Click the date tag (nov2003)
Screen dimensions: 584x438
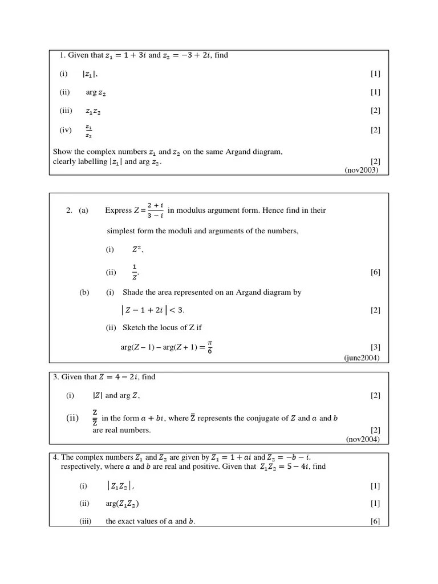361,170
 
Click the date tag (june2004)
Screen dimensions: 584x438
362,358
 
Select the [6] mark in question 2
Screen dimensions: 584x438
375,273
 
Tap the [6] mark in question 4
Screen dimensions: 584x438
375,521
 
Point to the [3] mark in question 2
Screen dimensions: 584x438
375,347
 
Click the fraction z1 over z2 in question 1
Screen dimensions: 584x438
88,131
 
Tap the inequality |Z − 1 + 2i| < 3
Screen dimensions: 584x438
153,310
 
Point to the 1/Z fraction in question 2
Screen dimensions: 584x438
135,272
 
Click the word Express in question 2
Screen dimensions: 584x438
118,210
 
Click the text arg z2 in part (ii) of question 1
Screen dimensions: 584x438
95,92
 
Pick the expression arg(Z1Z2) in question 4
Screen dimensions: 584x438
122,504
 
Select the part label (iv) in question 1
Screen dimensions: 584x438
66,130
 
